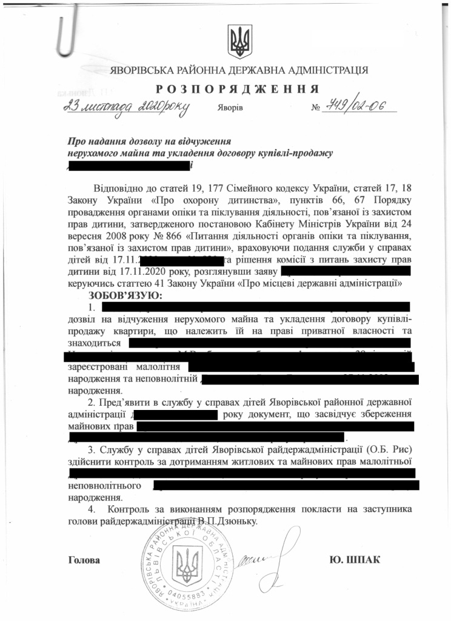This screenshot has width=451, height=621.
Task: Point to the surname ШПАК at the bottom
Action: tap(363, 559)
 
